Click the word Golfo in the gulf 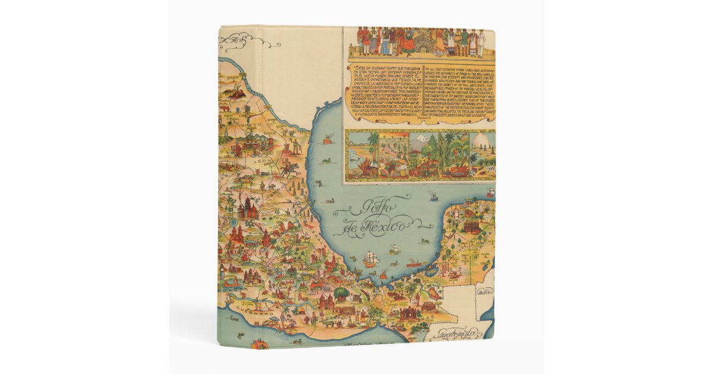click(x=366, y=209)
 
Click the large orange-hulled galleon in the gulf click(x=370, y=258)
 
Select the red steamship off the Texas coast click(x=326, y=141)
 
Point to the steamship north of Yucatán click(x=434, y=196)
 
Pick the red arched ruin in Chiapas click(x=410, y=312)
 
